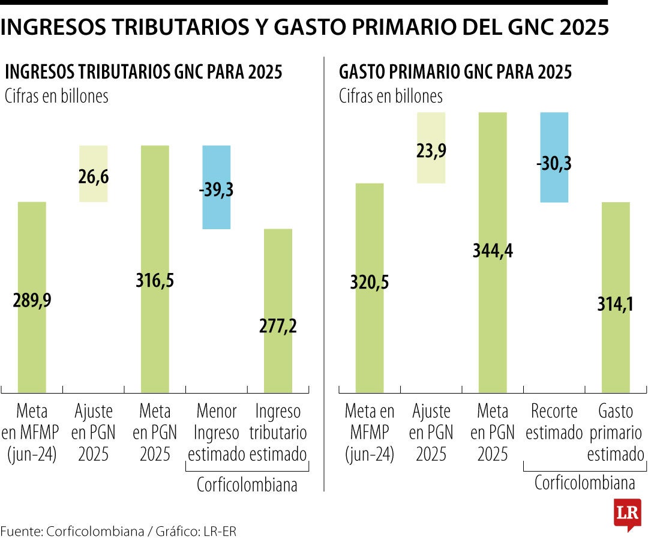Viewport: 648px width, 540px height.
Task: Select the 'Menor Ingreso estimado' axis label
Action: pyautogui.click(x=217, y=432)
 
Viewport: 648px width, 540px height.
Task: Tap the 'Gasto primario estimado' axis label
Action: pyautogui.click(x=616, y=432)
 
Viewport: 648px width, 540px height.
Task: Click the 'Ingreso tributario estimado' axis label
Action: pyautogui.click(x=278, y=432)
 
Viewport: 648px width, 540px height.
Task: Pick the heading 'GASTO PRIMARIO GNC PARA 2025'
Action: pyautogui.click(x=455, y=73)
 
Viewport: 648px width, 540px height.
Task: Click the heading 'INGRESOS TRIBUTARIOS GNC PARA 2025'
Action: pyautogui.click(x=143, y=73)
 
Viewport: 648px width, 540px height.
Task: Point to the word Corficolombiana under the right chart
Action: pyautogui.click(x=584, y=483)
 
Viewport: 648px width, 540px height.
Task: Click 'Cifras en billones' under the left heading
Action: pyautogui.click(x=56, y=96)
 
